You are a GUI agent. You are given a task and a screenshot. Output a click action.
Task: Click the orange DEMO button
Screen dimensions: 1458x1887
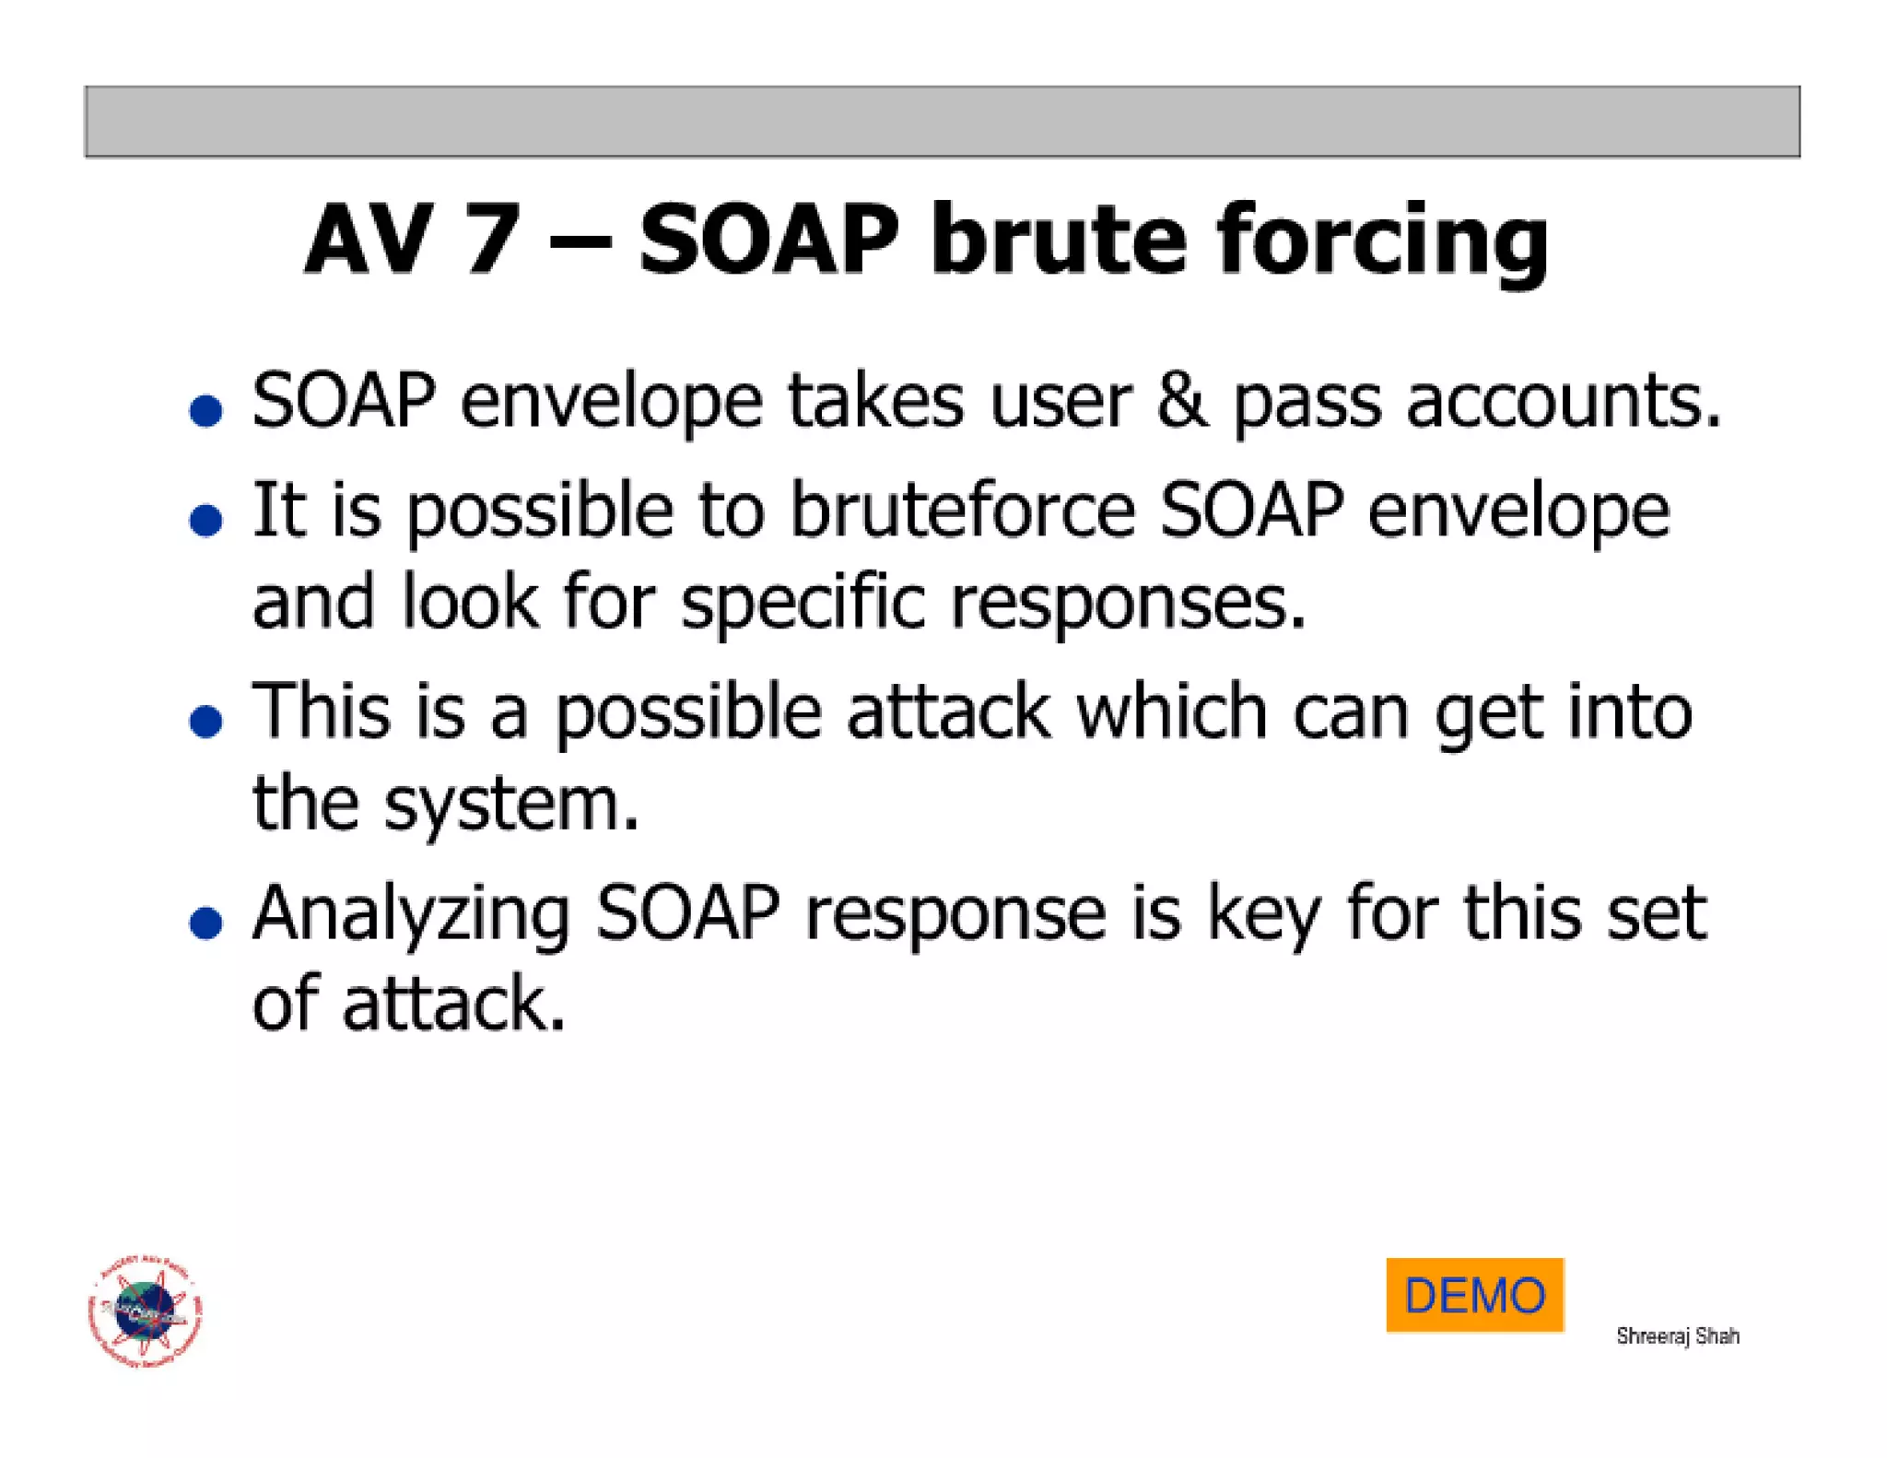pyautogui.click(x=1474, y=1294)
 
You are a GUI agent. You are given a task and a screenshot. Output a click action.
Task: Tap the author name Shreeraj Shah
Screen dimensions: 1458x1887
pyautogui.click(x=1677, y=1335)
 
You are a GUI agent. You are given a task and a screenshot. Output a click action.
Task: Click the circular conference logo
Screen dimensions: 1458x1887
pyautogui.click(x=145, y=1311)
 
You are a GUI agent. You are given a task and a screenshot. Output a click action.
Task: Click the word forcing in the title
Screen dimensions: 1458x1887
pyautogui.click(x=1382, y=241)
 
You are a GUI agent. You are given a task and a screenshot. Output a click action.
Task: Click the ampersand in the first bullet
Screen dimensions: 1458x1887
pyautogui.click(x=1181, y=402)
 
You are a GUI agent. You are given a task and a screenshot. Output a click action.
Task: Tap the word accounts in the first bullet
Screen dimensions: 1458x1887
pyautogui.click(x=1563, y=402)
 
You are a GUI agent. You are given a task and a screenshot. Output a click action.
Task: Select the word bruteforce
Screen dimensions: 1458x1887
pyautogui.click(x=963, y=511)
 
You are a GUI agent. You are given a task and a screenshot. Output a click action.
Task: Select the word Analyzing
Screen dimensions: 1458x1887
pyautogui.click(x=411, y=914)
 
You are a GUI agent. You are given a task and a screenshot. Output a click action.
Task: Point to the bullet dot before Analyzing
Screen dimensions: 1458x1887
pyautogui.click(x=205, y=923)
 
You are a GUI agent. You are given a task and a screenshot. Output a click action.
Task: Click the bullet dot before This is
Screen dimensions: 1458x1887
pyautogui.click(x=205, y=721)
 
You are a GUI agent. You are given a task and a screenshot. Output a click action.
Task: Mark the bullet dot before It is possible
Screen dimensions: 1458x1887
pyautogui.click(x=205, y=520)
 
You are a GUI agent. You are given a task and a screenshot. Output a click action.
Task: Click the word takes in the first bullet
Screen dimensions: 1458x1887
pyautogui.click(x=875, y=402)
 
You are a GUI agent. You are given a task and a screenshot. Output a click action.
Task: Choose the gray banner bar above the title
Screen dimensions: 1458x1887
pyautogui.click(x=942, y=122)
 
